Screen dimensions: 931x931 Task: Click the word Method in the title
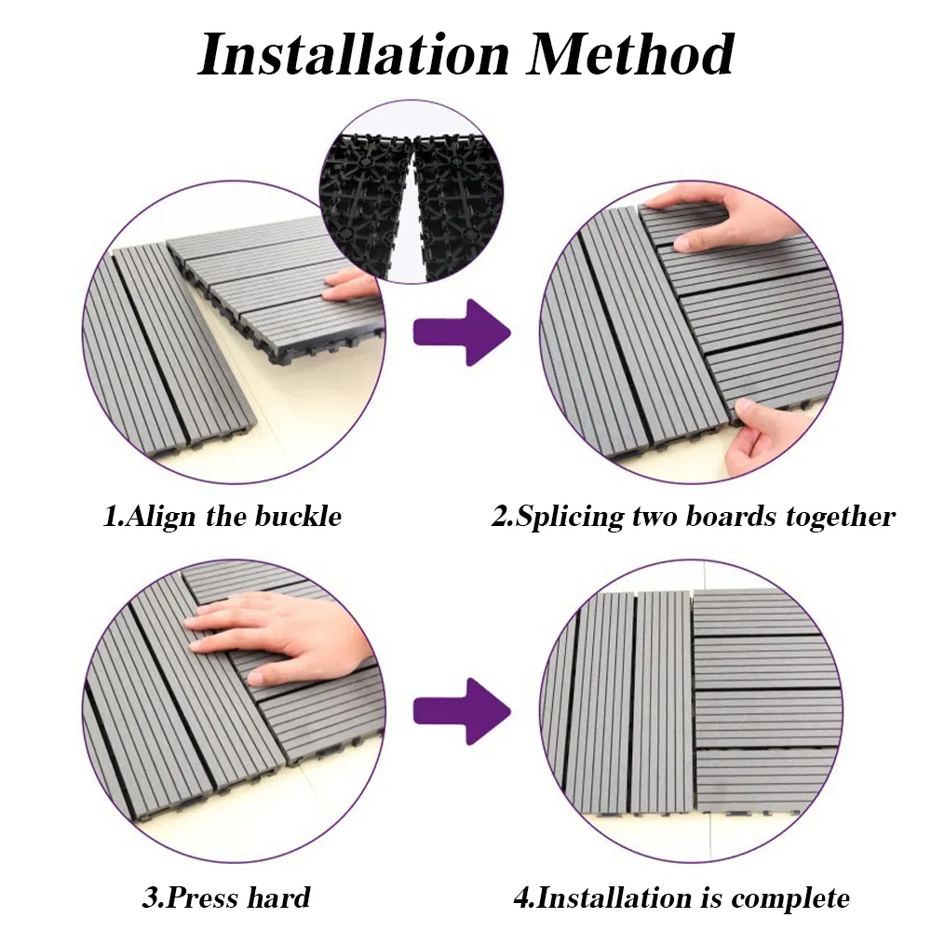[631, 54]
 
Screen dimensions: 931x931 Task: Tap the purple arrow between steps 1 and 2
[462, 331]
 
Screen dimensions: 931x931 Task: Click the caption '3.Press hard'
[226, 898]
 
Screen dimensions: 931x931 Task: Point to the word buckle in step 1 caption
[295, 517]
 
